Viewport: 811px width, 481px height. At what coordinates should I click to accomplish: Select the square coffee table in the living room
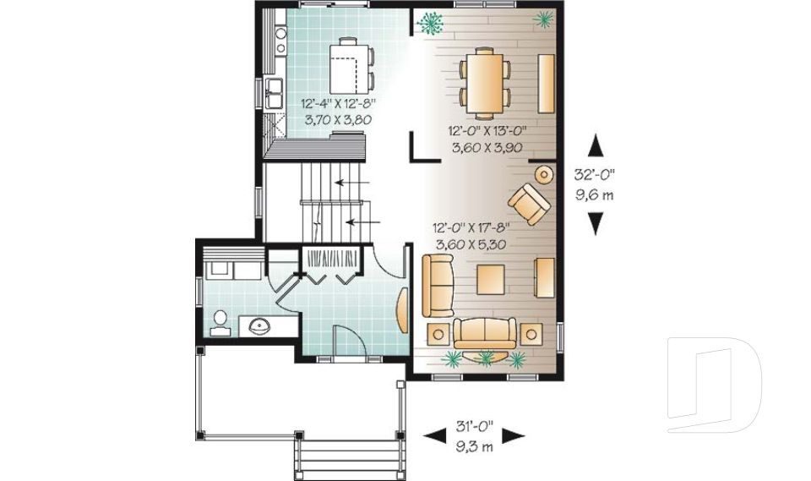pyautogui.click(x=490, y=280)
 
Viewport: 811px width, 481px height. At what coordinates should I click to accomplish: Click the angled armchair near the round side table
pyautogui.click(x=529, y=204)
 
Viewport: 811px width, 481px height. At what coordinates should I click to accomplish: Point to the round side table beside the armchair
pyautogui.click(x=543, y=174)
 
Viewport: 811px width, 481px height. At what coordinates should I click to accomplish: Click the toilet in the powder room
pyautogui.click(x=220, y=323)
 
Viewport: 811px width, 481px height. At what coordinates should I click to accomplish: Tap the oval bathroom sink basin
pyautogui.click(x=259, y=326)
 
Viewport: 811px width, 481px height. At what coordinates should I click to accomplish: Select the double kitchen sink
pyautogui.click(x=274, y=94)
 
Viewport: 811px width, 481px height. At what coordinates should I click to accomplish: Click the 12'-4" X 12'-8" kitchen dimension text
pyautogui.click(x=338, y=103)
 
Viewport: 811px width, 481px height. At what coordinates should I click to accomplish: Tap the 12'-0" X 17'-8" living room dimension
pyautogui.click(x=471, y=227)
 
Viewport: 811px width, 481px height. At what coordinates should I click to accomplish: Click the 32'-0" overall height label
pyautogui.click(x=595, y=174)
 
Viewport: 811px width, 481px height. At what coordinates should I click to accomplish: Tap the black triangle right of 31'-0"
pyautogui.click(x=514, y=436)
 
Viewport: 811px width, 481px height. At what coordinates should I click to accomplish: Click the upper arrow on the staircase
pyautogui.click(x=352, y=183)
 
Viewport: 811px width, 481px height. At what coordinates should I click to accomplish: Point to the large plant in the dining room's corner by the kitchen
pyautogui.click(x=430, y=23)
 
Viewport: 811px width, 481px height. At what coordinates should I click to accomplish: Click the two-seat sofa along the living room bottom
pyautogui.click(x=485, y=333)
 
